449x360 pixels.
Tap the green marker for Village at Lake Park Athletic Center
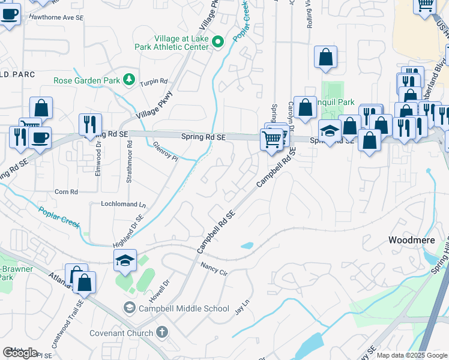(219, 42)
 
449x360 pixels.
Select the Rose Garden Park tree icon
(128, 80)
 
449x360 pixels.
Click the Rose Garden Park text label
(87, 80)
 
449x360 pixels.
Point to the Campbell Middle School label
(184, 308)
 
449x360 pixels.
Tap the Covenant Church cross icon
(161, 332)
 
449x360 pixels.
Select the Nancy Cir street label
(214, 268)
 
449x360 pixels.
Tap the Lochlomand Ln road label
(123, 204)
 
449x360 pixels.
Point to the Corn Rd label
(66, 192)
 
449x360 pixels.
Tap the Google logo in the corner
(20, 353)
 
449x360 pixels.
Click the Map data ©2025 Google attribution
(412, 355)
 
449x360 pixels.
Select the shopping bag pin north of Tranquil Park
(325, 57)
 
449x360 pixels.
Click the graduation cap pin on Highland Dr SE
(125, 260)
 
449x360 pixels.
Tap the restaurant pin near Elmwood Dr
(90, 124)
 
